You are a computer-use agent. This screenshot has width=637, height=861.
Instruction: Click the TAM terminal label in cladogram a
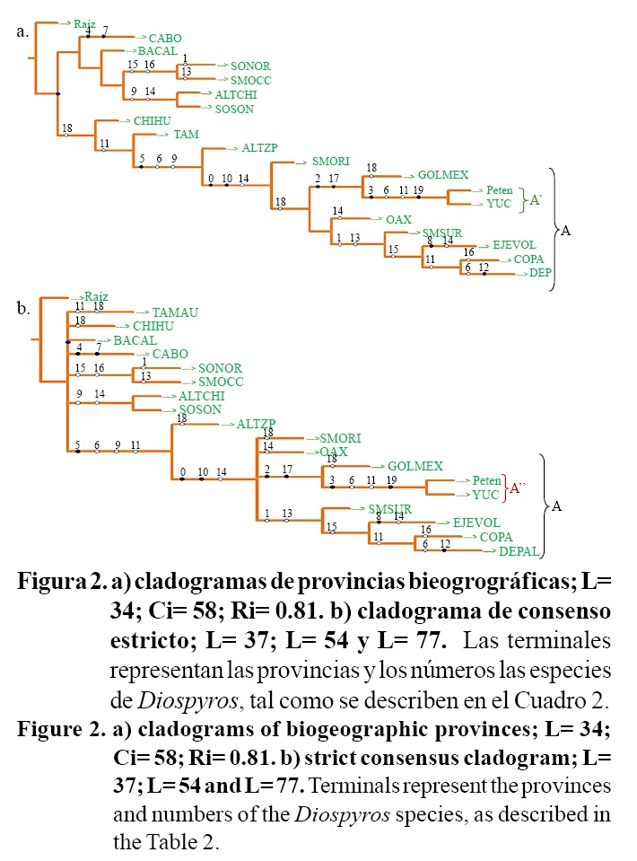point(186,135)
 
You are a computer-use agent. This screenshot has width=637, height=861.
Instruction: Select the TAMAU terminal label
point(175,312)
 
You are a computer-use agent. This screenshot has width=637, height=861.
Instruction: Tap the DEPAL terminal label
point(518,551)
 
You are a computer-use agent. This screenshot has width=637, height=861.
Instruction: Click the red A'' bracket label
point(516,488)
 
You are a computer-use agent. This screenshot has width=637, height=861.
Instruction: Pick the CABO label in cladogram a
point(165,39)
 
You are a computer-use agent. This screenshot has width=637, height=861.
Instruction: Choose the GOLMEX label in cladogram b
point(414,466)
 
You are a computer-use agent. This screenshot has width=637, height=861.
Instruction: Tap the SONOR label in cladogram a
point(250,66)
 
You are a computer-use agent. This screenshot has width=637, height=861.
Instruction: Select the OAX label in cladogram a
point(398,219)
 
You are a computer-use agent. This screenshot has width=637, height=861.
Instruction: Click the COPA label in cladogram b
point(496,537)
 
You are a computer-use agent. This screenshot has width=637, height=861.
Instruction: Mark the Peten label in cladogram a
point(499,190)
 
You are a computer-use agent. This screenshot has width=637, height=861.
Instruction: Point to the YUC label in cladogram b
point(485,495)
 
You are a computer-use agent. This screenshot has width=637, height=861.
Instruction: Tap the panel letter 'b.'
point(23,309)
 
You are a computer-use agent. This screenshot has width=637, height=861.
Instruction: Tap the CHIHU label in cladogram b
point(153,326)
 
